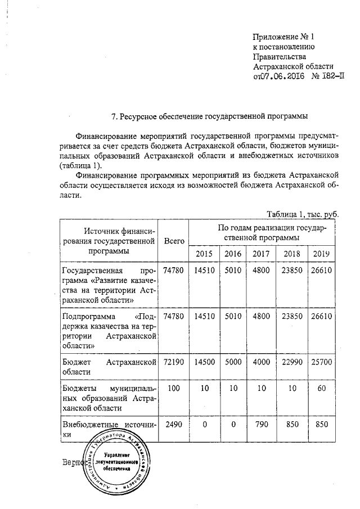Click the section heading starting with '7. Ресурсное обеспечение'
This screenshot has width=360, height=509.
click(210, 117)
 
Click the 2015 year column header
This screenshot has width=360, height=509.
click(204, 254)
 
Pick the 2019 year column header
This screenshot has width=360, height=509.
click(322, 254)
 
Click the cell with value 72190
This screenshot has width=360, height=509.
click(174, 363)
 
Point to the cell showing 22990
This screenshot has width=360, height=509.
click(292, 363)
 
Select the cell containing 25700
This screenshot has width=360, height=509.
click(322, 363)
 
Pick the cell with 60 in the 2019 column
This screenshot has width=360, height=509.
click(322, 389)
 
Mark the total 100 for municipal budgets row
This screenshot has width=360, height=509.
click(174, 389)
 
